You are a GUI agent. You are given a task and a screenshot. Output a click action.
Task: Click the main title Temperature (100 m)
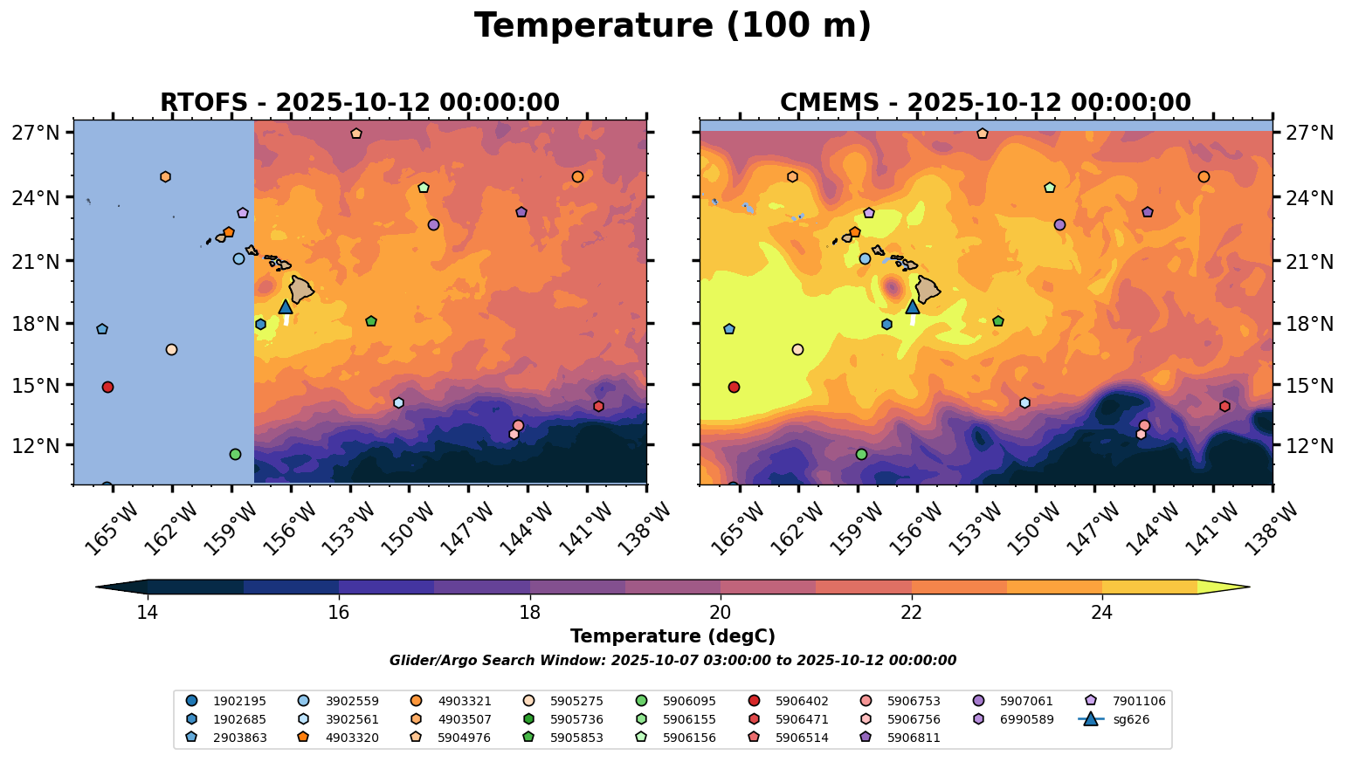pos(672,26)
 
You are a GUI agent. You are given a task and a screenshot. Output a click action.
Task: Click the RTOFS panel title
pos(359,103)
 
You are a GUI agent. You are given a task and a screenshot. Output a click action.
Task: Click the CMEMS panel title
pos(985,103)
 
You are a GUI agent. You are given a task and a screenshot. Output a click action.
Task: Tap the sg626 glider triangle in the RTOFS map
pos(286,307)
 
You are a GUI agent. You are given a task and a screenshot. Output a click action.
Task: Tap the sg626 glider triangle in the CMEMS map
pos(913,307)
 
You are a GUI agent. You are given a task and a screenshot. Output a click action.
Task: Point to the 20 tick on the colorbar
pos(721,612)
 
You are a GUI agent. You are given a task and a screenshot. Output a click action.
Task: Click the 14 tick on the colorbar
pos(148,612)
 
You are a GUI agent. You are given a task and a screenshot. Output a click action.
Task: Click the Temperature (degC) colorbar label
pos(672,636)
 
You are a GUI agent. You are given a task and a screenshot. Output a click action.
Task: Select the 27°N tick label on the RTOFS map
pos(36,134)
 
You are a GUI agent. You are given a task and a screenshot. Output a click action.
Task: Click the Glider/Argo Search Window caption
pos(672,661)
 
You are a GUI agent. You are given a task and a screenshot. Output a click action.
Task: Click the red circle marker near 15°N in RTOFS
pos(107,387)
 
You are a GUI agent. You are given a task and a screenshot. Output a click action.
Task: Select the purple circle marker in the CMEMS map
pos(1059,225)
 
